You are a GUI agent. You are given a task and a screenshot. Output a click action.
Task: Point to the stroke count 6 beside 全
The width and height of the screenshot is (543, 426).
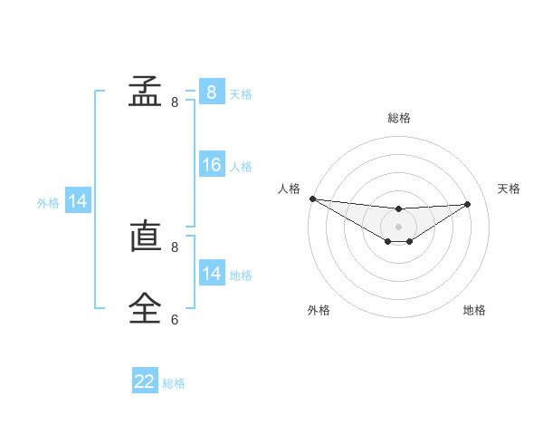click(175, 319)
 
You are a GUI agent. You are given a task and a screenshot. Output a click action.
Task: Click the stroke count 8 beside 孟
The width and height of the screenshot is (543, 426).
click(175, 102)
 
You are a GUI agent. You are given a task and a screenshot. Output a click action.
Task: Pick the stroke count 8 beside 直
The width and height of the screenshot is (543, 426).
click(175, 247)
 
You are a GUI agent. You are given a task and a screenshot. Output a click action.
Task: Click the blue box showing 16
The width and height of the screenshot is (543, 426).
click(211, 165)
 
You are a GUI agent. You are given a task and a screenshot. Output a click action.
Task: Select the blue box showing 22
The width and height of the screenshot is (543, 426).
click(145, 382)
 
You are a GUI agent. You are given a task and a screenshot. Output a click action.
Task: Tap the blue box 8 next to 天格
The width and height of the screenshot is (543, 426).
click(211, 92)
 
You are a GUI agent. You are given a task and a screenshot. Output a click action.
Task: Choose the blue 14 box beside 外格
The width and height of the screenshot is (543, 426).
click(78, 202)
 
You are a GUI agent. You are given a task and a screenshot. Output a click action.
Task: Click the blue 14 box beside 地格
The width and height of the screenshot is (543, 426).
click(211, 274)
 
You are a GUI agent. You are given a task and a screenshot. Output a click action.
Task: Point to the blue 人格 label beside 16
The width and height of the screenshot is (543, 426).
click(241, 167)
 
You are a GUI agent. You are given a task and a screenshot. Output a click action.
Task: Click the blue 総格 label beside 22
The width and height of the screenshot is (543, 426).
click(174, 383)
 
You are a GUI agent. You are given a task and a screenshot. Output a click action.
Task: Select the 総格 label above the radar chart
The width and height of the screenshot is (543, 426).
click(399, 118)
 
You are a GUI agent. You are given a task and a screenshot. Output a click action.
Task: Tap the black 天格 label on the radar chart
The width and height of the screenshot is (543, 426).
click(509, 189)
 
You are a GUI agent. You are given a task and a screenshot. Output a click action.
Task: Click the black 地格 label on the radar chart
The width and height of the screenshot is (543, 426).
click(474, 310)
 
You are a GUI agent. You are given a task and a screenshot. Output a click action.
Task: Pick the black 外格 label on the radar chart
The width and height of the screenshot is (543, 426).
click(319, 310)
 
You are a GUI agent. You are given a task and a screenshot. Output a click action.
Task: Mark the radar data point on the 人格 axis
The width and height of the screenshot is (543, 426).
click(312, 198)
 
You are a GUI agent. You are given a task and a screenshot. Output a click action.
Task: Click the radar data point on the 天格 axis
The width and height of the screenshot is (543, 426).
click(468, 204)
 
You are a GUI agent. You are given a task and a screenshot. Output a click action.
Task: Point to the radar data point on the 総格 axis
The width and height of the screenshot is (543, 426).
click(399, 209)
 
